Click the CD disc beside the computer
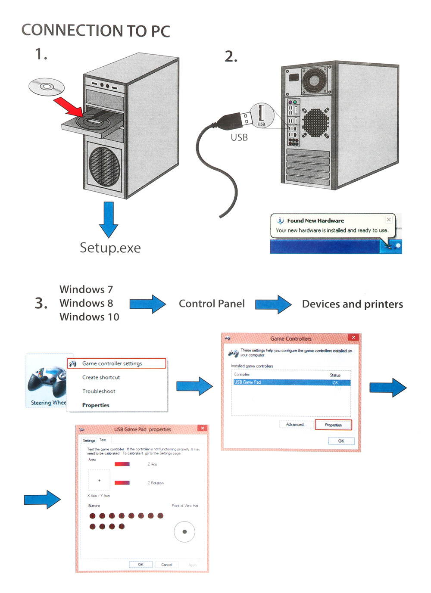pyautogui.click(x=47, y=87)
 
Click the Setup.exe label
pyautogui.click(x=110, y=248)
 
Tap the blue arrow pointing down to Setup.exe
pyautogui.click(x=109, y=219)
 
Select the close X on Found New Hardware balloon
pyautogui.click(x=389, y=220)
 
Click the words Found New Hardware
pyautogui.click(x=315, y=220)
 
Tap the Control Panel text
pyautogui.click(x=212, y=304)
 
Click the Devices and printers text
pyautogui.click(x=352, y=304)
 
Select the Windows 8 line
pyautogui.click(x=86, y=303)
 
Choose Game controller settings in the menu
pyautogui.click(x=112, y=363)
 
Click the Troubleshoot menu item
pyautogui.click(x=99, y=391)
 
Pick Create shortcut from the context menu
pyautogui.click(x=101, y=377)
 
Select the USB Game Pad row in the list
pyautogui.click(x=291, y=382)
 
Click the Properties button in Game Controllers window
pyautogui.click(x=333, y=425)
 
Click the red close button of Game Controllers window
pyautogui.click(x=353, y=338)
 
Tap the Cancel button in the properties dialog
pyautogui.click(x=166, y=565)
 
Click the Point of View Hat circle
pyautogui.click(x=184, y=532)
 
